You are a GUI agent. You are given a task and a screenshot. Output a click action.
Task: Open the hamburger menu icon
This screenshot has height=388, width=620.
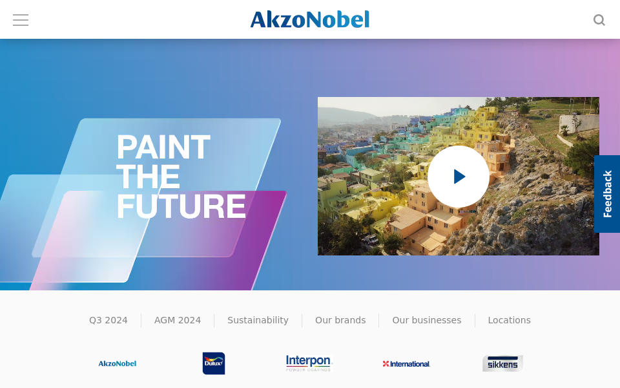coord(21,20)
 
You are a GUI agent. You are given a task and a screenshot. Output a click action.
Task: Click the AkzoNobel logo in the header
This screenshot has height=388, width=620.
coord(310,19)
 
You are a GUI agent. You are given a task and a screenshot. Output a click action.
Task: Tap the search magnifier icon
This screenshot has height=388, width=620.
coord(599,20)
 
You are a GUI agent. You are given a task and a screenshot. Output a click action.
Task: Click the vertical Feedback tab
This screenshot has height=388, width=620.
coord(607,194)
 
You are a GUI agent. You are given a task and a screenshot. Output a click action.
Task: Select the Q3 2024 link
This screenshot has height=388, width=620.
coord(108,320)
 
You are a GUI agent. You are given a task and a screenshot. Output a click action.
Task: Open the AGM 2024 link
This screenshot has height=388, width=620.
coord(178,320)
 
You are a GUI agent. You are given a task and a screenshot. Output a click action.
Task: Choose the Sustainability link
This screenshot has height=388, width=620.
coord(258,320)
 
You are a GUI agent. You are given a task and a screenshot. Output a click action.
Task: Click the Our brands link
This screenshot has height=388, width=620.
coord(340,320)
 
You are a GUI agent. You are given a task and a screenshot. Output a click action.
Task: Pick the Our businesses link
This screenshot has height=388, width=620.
coord(427,320)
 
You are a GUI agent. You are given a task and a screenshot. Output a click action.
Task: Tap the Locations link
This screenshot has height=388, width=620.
coord(510,320)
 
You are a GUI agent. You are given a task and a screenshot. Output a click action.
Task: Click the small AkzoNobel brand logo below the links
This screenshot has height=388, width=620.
coord(118,363)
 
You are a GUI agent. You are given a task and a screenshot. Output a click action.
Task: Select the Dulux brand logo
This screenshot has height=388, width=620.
coord(214,363)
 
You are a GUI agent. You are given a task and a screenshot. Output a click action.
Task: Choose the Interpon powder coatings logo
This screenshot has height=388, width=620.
coord(309,363)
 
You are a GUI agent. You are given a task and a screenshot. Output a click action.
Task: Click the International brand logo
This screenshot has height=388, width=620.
coord(406,364)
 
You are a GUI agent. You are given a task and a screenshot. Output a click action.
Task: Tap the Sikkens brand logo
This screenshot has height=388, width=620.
coord(502,363)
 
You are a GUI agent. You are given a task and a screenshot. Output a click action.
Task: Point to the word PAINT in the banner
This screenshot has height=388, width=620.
coord(163,147)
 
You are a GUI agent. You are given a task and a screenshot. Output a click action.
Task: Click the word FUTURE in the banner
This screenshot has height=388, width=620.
coord(181,206)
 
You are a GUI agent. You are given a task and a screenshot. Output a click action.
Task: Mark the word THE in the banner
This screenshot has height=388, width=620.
coord(149,177)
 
